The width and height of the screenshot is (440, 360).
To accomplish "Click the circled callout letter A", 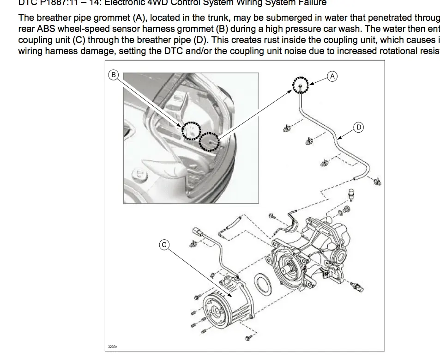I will click(x=332, y=76).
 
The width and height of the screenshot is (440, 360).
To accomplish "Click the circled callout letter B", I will click(x=114, y=74).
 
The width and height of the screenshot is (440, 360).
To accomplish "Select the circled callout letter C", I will click(x=164, y=245).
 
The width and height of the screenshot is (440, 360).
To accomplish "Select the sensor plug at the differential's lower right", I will click(x=357, y=286).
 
